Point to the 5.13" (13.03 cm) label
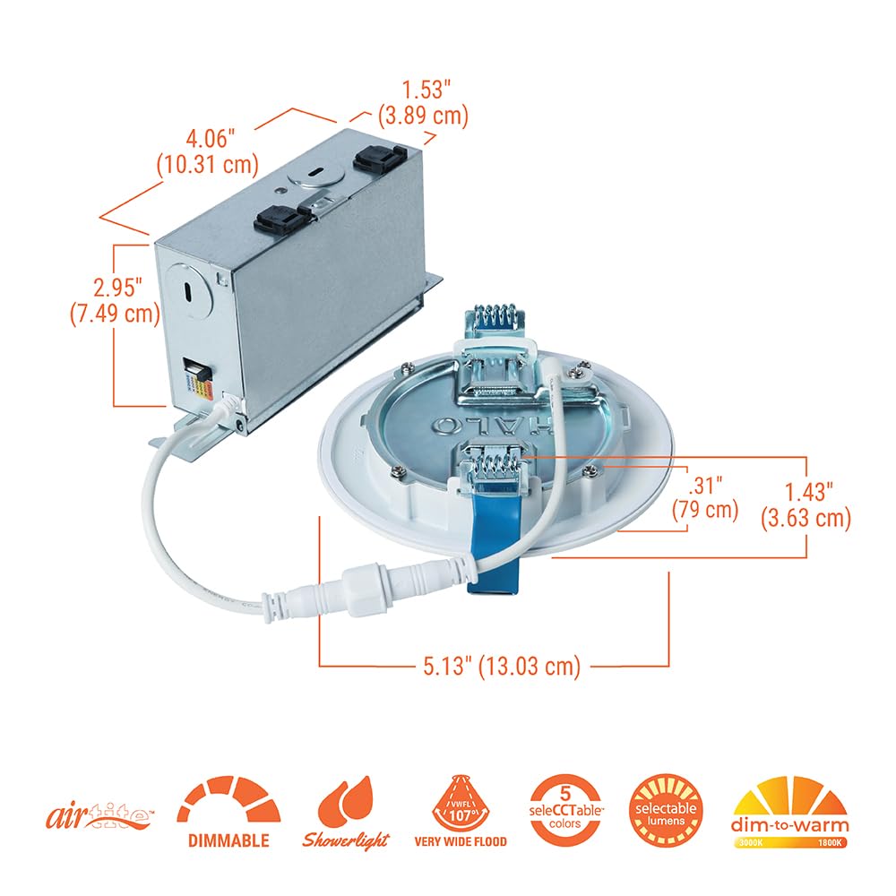click(503, 666)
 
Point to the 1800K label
click(830, 844)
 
